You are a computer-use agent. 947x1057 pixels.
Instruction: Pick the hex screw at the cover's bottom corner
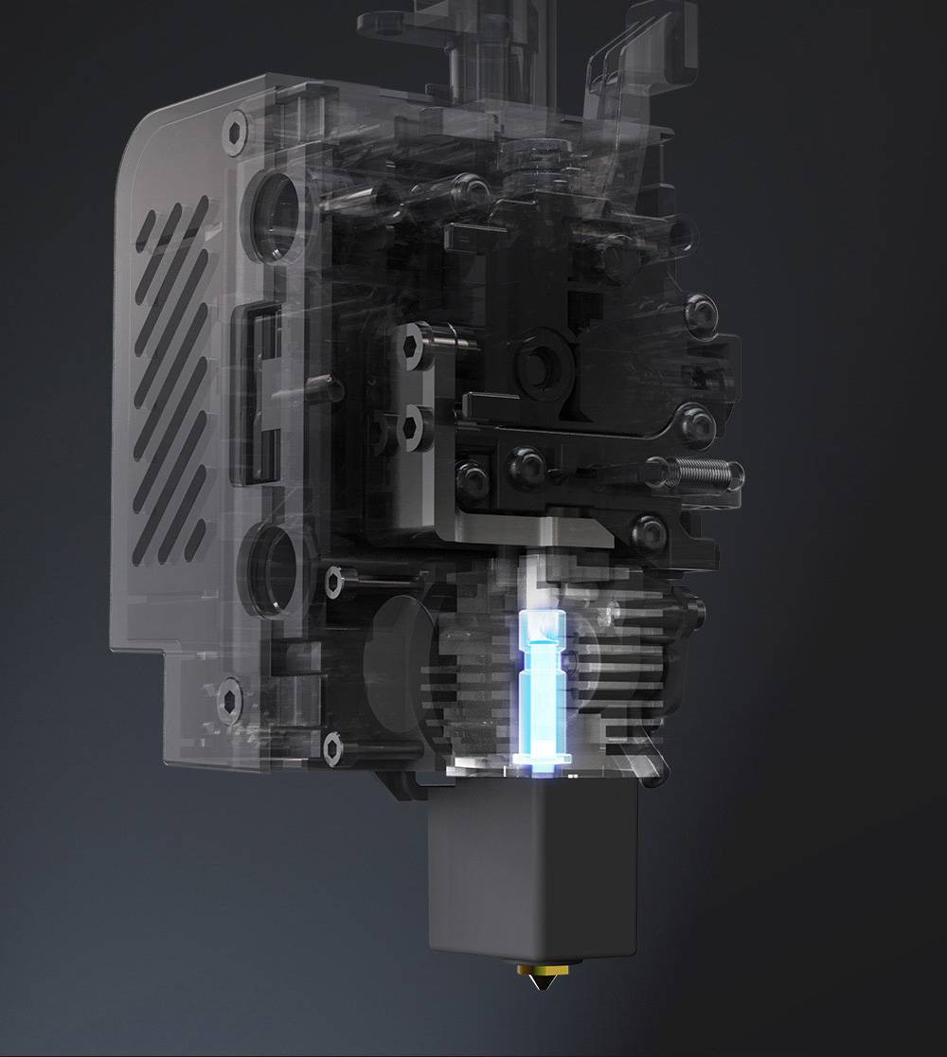[x=230, y=700]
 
